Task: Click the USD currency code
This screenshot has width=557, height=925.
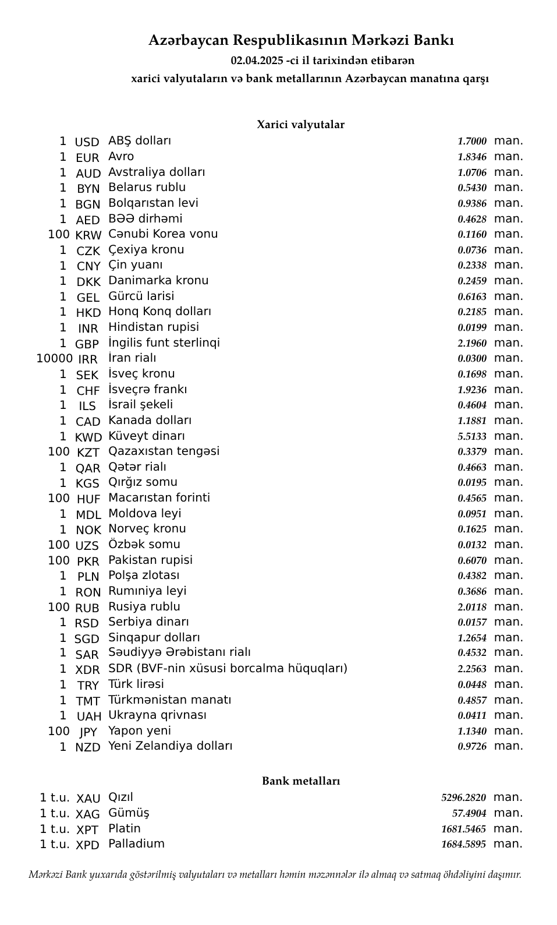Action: click(x=87, y=142)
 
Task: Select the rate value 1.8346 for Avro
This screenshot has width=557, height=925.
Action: click(x=471, y=157)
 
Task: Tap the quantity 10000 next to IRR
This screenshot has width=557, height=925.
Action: click(x=54, y=358)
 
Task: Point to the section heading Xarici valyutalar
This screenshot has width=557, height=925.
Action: click(x=300, y=125)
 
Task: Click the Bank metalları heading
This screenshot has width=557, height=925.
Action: click(x=300, y=781)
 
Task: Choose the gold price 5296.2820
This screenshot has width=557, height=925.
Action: click(x=463, y=797)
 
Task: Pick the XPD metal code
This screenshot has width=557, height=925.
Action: click(x=87, y=845)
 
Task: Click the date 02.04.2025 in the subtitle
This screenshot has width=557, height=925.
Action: click(x=256, y=61)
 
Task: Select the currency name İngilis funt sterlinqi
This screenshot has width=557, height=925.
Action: click(x=164, y=343)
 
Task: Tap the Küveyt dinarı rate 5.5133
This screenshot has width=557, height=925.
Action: click(x=471, y=436)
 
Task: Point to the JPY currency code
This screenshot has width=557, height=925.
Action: click(x=88, y=732)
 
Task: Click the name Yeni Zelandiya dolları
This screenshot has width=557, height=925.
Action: click(x=170, y=746)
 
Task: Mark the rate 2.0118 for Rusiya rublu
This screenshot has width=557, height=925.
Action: click(x=471, y=607)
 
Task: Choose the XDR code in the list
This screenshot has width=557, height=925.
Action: click(x=87, y=670)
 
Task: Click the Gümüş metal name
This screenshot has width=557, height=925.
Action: click(x=129, y=813)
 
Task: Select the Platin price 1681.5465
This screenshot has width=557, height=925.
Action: click(x=463, y=829)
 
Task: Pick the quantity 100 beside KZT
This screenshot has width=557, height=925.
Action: click(x=59, y=451)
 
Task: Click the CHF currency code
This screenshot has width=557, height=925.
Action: click(x=88, y=391)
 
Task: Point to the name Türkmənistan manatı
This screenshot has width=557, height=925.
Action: click(x=169, y=700)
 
